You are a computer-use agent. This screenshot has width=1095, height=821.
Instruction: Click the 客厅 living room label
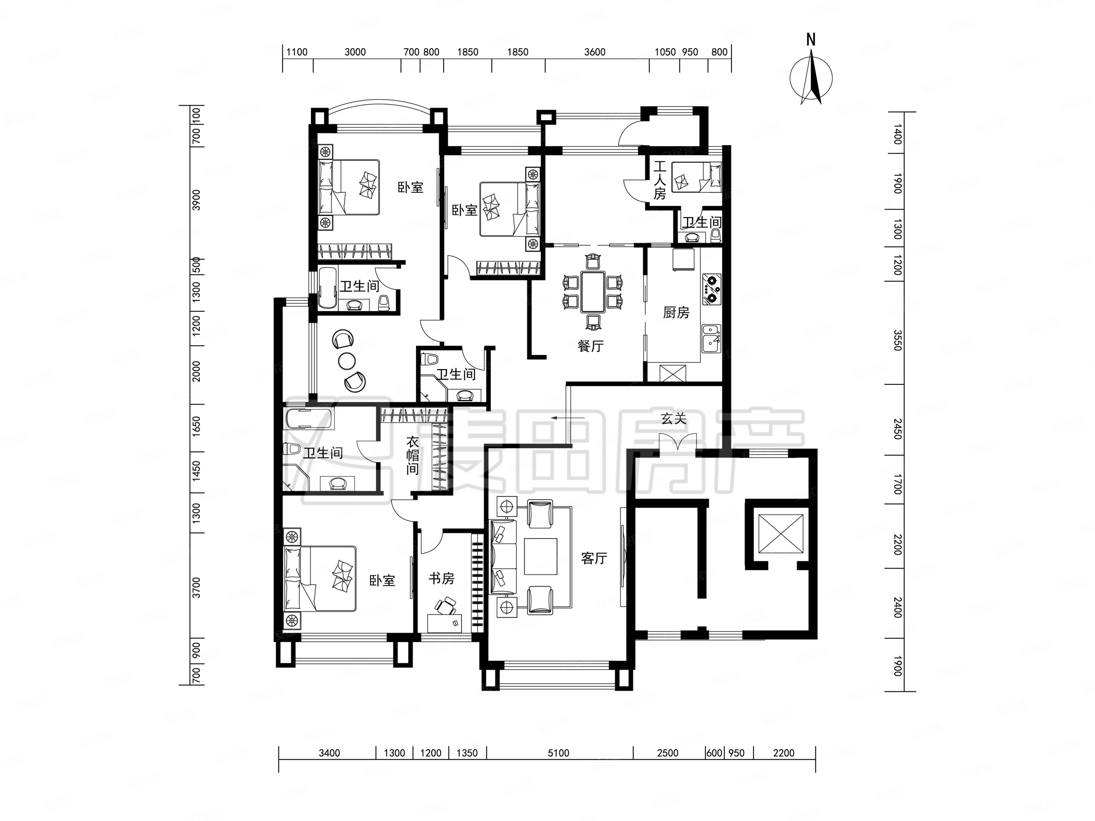pyautogui.click(x=594, y=558)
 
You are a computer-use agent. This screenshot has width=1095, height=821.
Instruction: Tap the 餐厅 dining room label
pyautogui.click(x=591, y=346)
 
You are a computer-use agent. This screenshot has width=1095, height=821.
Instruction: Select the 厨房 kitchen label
pyautogui.click(x=676, y=312)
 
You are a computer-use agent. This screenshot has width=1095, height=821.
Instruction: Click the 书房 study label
pyautogui.click(x=441, y=578)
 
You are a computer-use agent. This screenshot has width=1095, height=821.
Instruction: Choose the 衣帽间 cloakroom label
pyautogui.click(x=413, y=455)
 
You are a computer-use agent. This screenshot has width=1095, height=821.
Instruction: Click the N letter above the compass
pyautogui.click(x=811, y=40)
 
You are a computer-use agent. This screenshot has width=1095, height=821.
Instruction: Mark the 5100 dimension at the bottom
pyautogui.click(x=559, y=753)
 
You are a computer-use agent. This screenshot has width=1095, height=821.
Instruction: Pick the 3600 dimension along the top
pyautogui.click(x=594, y=52)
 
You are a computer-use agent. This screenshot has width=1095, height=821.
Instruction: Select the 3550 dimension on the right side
pyautogui.click(x=897, y=340)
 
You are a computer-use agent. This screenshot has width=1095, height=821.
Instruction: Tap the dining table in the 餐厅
pyautogui.click(x=593, y=291)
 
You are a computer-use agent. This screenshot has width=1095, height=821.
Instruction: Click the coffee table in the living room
pyautogui.click(x=541, y=556)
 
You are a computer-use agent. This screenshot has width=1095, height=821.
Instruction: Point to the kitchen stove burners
pyautogui.click(x=711, y=289)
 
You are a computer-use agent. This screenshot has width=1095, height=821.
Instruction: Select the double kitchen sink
pyautogui.click(x=711, y=338)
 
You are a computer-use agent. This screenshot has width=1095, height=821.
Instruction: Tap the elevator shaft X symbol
pyautogui.click(x=781, y=534)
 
